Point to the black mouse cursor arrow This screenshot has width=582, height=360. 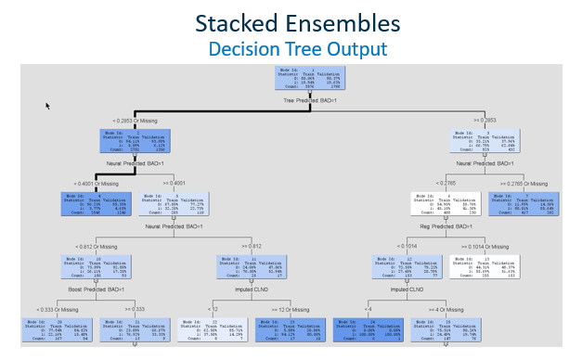47,106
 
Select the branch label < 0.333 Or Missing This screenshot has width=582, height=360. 58,308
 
